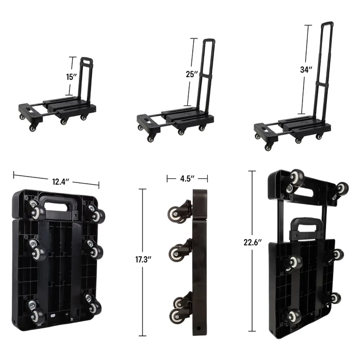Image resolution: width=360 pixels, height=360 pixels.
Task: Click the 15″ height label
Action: click(x=71, y=77)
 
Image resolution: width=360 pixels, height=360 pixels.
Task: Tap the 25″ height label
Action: click(x=192, y=74)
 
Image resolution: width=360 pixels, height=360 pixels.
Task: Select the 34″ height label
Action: click(x=306, y=70)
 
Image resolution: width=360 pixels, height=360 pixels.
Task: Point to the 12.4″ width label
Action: click(x=60, y=182)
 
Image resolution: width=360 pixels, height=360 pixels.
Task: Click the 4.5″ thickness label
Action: click(x=187, y=178)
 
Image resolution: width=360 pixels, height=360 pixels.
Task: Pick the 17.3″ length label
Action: click(x=143, y=259)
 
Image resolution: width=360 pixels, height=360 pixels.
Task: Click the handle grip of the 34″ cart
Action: click(x=327, y=24)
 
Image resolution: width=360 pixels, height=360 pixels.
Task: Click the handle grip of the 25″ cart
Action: click(x=209, y=41)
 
